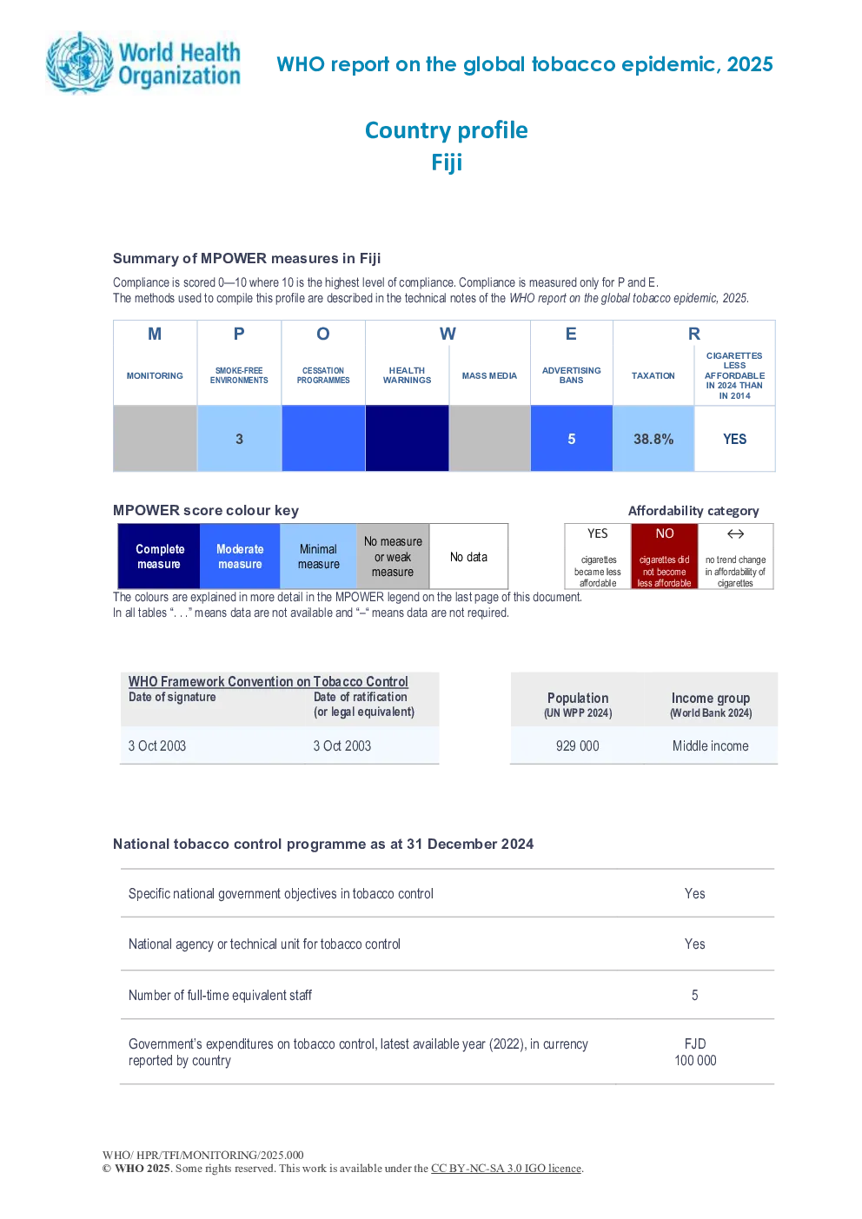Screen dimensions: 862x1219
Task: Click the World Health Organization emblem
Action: tap(80, 63)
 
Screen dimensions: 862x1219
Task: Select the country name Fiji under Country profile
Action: tap(447, 162)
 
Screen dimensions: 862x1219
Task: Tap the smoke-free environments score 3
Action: tap(239, 439)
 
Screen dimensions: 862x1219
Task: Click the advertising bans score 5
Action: tap(571, 439)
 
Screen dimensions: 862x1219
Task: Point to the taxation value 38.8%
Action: tap(653, 439)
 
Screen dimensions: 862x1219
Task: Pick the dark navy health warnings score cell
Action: tap(407, 438)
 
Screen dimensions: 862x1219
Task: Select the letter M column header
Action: tap(155, 334)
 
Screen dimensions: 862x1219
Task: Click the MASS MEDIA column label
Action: tap(489, 375)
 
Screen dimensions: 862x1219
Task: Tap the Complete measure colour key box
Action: tap(159, 555)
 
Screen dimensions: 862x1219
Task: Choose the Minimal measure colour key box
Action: tap(318, 555)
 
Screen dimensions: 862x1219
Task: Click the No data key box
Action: tap(468, 555)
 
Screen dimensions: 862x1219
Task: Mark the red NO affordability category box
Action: tap(664, 555)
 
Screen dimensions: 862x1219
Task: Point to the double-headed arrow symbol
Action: tap(735, 533)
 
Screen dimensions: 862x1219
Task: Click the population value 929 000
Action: tap(577, 745)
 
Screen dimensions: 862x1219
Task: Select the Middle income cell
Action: tap(710, 745)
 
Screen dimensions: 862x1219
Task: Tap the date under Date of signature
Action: tap(157, 745)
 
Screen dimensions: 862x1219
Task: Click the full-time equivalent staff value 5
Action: tap(694, 995)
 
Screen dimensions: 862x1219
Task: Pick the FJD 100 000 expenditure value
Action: tap(695, 1052)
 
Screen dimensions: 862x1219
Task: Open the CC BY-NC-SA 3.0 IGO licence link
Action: tap(506, 1168)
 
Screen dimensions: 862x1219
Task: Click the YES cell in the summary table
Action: tap(734, 439)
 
